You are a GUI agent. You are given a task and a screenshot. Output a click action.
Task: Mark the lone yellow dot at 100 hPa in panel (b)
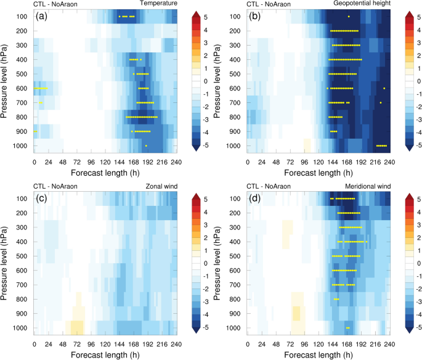click(x=349, y=16)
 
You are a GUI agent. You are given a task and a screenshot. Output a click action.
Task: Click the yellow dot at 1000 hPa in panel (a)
click(x=146, y=145)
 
